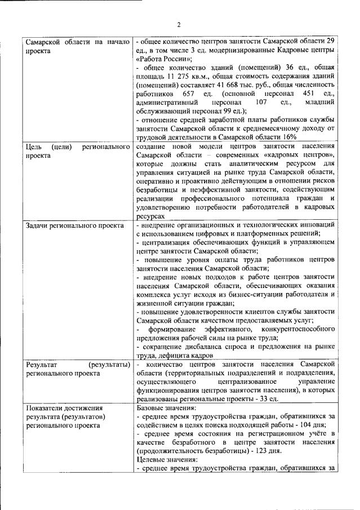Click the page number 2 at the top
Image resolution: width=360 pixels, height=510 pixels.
coord(180,24)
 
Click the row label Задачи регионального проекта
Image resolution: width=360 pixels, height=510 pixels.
coord(75,225)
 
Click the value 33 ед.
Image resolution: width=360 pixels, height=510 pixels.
coord(268,399)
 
